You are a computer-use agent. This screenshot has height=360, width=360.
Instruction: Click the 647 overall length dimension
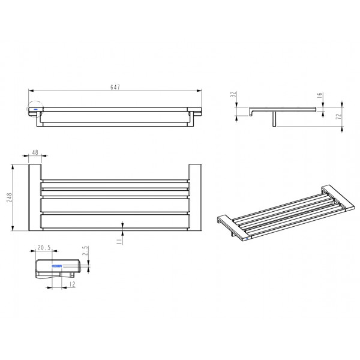[115, 87]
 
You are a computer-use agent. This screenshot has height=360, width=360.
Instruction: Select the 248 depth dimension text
[9, 197]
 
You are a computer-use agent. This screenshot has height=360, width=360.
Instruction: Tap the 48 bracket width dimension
[35, 152]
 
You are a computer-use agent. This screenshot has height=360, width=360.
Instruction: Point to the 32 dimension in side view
[233, 94]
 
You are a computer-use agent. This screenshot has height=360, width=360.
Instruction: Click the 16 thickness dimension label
[320, 95]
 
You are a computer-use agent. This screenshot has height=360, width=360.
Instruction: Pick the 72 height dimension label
[338, 116]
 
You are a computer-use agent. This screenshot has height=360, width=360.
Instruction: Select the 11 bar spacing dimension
[119, 241]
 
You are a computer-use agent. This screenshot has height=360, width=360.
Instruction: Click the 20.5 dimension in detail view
[44, 248]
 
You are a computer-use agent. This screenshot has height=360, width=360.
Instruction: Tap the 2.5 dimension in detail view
[85, 251]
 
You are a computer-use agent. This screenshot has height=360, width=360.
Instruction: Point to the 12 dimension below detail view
[72, 284]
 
